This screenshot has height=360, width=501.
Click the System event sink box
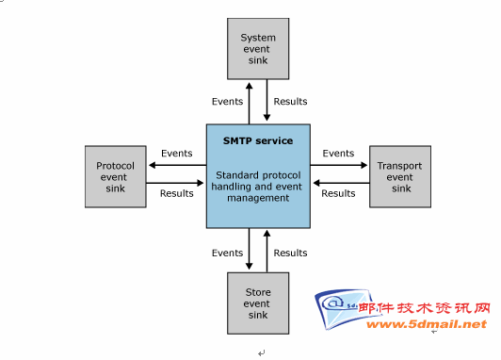click(x=258, y=49)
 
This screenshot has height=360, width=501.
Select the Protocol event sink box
click(x=116, y=177)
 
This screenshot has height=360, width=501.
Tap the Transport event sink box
click(x=400, y=177)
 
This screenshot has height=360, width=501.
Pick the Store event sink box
click(x=258, y=303)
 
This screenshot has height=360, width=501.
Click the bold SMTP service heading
click(x=258, y=140)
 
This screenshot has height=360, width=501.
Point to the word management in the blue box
click(x=258, y=198)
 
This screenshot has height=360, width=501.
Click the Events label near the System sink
click(x=228, y=102)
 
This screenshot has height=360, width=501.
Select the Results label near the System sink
click(x=290, y=102)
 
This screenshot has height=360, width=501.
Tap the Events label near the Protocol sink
click(x=177, y=154)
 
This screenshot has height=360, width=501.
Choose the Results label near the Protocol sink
click(x=177, y=193)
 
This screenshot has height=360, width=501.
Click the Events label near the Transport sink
click(x=338, y=154)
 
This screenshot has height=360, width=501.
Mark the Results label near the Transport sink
click(x=338, y=193)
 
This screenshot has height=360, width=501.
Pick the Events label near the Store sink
click(x=228, y=253)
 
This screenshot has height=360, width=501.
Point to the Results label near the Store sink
click(x=290, y=253)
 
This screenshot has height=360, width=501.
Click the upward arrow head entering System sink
click(x=250, y=86)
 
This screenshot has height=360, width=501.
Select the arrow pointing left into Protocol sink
click(x=178, y=165)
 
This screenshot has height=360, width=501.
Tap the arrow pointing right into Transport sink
click(x=339, y=165)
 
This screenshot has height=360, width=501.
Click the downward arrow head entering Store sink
click(x=250, y=266)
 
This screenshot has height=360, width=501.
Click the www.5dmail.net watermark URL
click(x=427, y=324)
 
